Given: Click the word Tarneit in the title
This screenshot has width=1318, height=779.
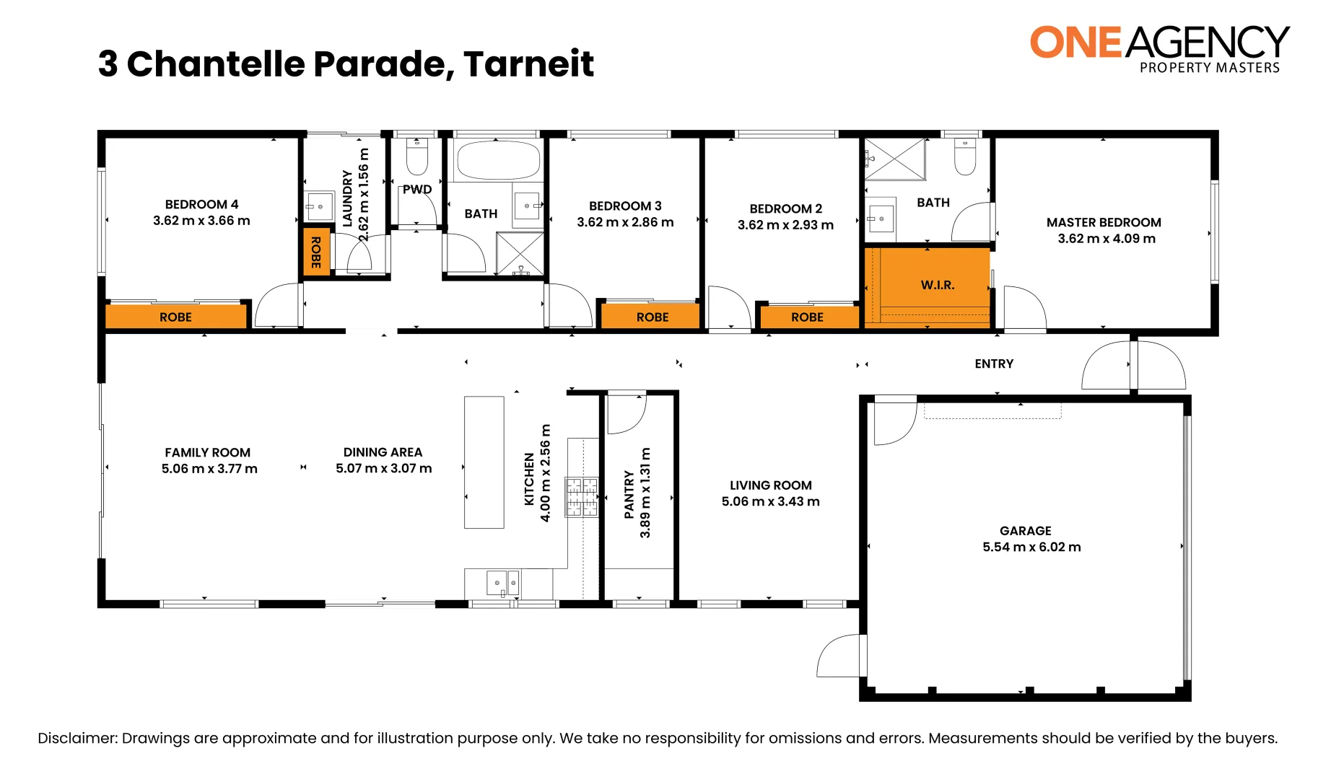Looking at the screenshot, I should (x=528, y=64).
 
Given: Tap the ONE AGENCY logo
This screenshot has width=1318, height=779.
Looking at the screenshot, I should (x=1158, y=48).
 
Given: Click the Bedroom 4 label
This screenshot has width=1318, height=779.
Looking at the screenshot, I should (x=201, y=205).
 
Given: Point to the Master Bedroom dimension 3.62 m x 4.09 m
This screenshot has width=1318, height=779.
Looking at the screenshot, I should (x=1106, y=239).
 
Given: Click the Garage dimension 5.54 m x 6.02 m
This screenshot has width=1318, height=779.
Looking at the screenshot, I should (x=1031, y=547).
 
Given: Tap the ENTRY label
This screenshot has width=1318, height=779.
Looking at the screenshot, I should (x=993, y=364).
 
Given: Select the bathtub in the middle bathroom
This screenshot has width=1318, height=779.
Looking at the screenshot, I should (x=497, y=160).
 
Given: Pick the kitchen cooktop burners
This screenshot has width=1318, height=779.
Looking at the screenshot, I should (x=582, y=496).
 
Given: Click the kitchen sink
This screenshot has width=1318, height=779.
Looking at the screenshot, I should (x=502, y=581).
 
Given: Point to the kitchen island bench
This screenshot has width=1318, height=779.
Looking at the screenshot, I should (x=484, y=462).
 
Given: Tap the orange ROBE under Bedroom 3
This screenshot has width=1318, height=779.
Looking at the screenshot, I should (x=651, y=317).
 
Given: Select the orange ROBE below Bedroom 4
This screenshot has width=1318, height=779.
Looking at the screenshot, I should (x=175, y=317).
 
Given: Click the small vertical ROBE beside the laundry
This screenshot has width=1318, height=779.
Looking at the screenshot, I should (x=315, y=252).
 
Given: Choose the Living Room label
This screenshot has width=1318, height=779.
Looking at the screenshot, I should (x=770, y=485).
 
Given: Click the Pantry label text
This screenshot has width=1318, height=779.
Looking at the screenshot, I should (x=629, y=494).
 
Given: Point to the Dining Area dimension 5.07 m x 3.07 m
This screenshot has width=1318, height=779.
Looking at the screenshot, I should (x=383, y=469).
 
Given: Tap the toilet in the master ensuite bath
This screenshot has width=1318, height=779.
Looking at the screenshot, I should (x=964, y=157).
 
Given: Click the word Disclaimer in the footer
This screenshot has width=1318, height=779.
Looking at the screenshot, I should (x=77, y=738).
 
